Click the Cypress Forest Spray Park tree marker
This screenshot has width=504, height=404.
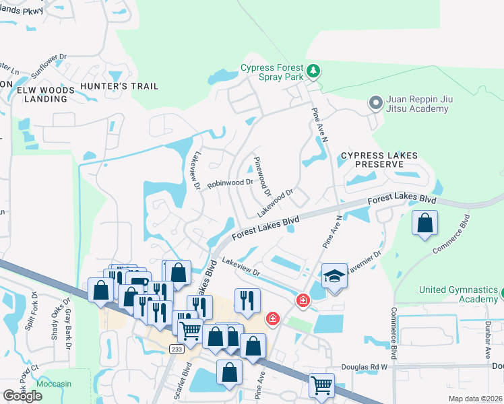click(x=313, y=71)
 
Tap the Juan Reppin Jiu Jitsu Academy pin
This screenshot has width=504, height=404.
click(x=375, y=103)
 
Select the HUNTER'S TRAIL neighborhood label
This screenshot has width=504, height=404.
click(x=119, y=86)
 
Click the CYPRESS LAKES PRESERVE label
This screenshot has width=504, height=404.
click(x=379, y=160)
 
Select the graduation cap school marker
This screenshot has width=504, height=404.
click(x=334, y=276)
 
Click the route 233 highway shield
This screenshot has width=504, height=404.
click(x=177, y=349)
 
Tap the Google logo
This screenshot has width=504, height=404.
click(x=23, y=396)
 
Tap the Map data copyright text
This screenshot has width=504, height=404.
click(x=476, y=398)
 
